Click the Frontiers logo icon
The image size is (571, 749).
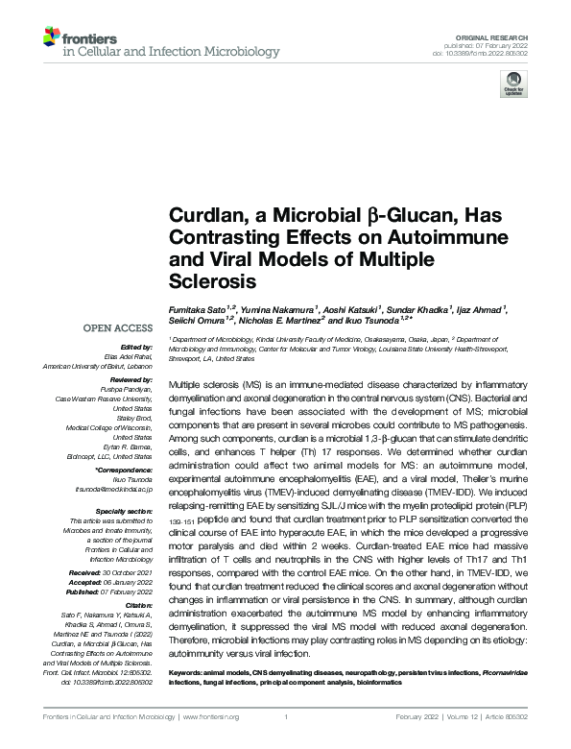[x=53, y=39]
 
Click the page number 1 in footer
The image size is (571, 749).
[x=286, y=716]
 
